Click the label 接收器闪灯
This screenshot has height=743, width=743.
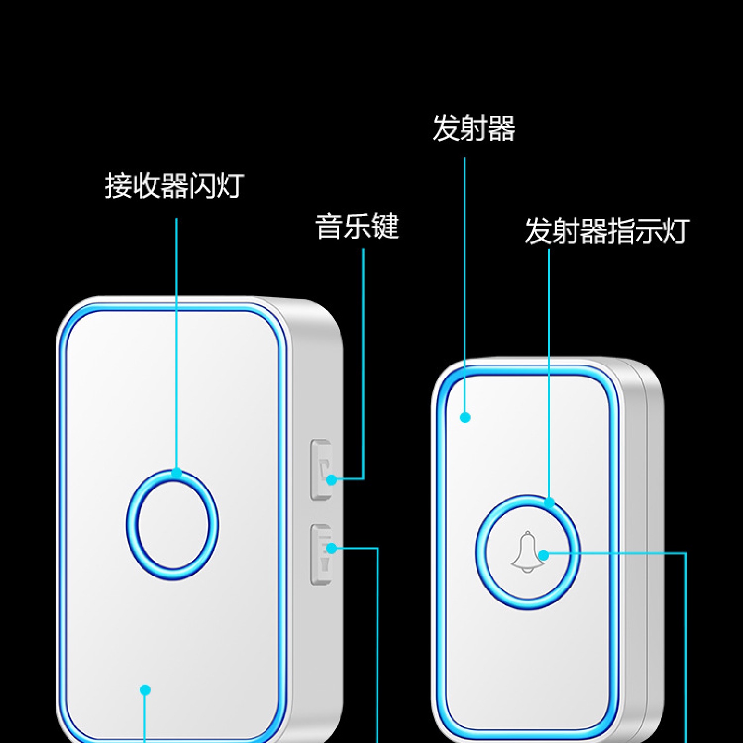click(174, 186)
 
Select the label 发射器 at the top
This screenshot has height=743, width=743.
click(474, 128)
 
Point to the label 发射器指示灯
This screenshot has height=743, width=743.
click(607, 231)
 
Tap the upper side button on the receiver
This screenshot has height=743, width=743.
click(320, 470)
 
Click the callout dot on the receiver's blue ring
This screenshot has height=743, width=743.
click(177, 473)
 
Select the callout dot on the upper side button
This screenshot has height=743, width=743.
click(332, 480)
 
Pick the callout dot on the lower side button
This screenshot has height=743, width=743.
click(332, 548)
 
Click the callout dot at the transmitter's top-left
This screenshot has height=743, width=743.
click(465, 417)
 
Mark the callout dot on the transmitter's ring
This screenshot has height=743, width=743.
click(549, 502)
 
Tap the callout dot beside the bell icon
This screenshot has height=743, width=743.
click(543, 555)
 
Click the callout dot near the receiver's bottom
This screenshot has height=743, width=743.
click(145, 690)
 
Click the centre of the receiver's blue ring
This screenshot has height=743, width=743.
click(172, 525)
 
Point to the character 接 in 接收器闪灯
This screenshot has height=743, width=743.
click(119, 186)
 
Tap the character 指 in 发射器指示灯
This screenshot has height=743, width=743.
click(621, 231)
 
